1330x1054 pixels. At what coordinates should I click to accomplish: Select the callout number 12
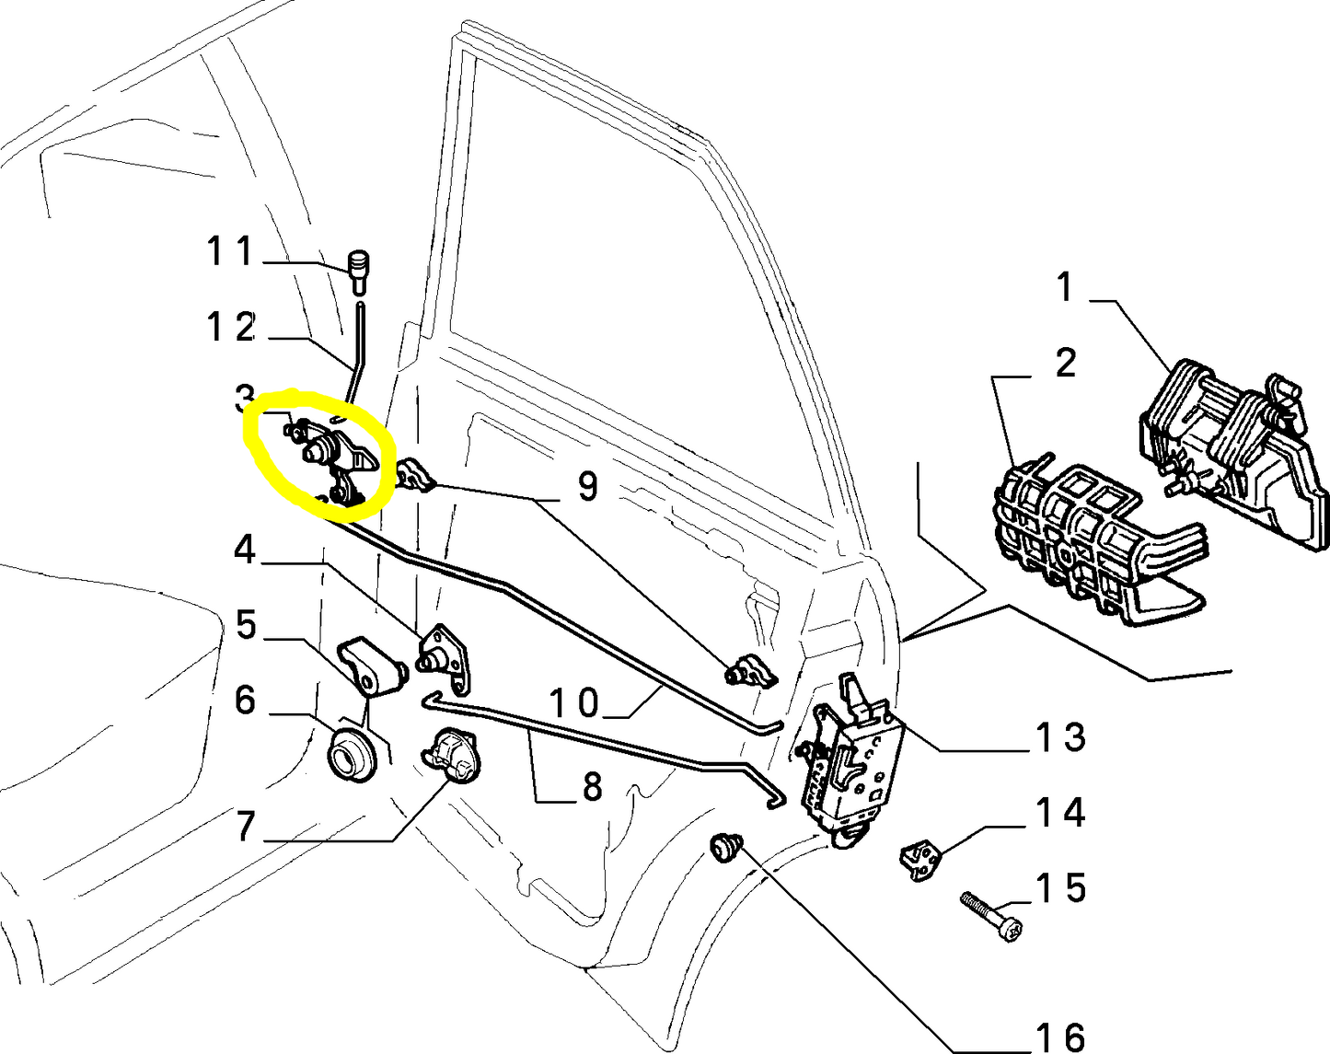coord(230,327)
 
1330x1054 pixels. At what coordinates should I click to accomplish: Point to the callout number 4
coord(244,550)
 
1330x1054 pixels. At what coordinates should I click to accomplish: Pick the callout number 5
coord(245,625)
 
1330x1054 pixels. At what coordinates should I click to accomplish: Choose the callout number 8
coord(591,786)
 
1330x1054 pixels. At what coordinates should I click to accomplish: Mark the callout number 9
coord(588,485)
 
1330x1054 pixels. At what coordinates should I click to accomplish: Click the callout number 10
coord(574,703)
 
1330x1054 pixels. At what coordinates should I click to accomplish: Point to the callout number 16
coord(1060,1037)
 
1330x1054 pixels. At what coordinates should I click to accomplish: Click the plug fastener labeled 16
coord(727,845)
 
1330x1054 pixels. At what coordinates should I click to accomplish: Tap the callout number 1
coord(1065,287)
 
